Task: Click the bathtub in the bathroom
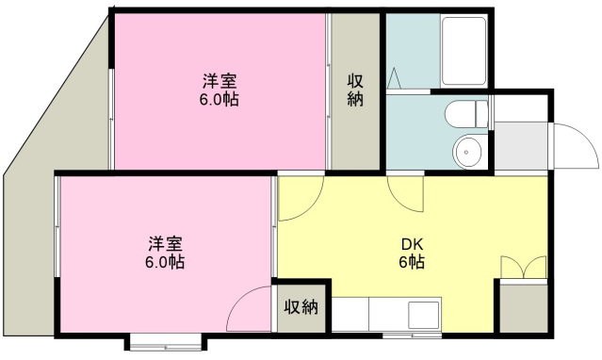click(464, 51)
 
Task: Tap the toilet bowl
click(460, 114)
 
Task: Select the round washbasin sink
click(467, 152)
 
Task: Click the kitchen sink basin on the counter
click(423, 315)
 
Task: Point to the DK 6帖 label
click(412, 254)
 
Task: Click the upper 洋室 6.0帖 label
click(220, 90)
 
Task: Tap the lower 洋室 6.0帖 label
click(165, 253)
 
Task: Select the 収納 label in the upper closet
click(355, 90)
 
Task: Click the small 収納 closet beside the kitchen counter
click(301, 308)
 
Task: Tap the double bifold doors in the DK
click(524, 267)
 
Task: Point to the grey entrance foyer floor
click(521, 146)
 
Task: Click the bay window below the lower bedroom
click(166, 342)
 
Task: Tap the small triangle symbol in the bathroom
click(394, 78)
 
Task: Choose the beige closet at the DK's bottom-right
click(524, 308)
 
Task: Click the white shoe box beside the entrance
click(521, 108)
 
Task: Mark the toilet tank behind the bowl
click(481, 114)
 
